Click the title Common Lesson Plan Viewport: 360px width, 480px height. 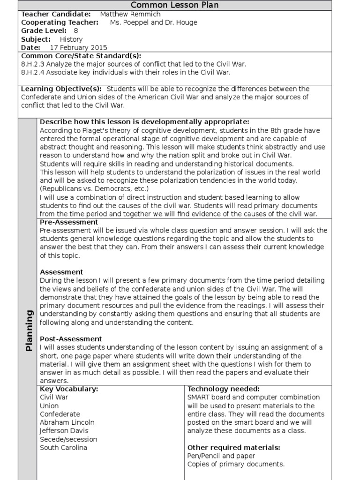pos(174,5)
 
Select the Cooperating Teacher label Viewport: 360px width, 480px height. pos(60,22)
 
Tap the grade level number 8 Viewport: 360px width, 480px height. pos(76,31)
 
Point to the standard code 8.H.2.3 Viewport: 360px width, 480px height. pos(35,64)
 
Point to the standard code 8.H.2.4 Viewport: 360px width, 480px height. pos(35,73)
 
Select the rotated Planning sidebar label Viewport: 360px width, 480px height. pos(29,330)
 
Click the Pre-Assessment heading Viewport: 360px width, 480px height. pos(69,222)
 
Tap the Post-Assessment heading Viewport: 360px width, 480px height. pos(71,338)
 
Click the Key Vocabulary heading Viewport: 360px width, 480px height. pos(69,389)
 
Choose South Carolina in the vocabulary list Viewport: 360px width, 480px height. pos(63,447)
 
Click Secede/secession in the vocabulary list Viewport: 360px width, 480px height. pos(68,439)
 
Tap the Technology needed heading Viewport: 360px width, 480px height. pos(223,389)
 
